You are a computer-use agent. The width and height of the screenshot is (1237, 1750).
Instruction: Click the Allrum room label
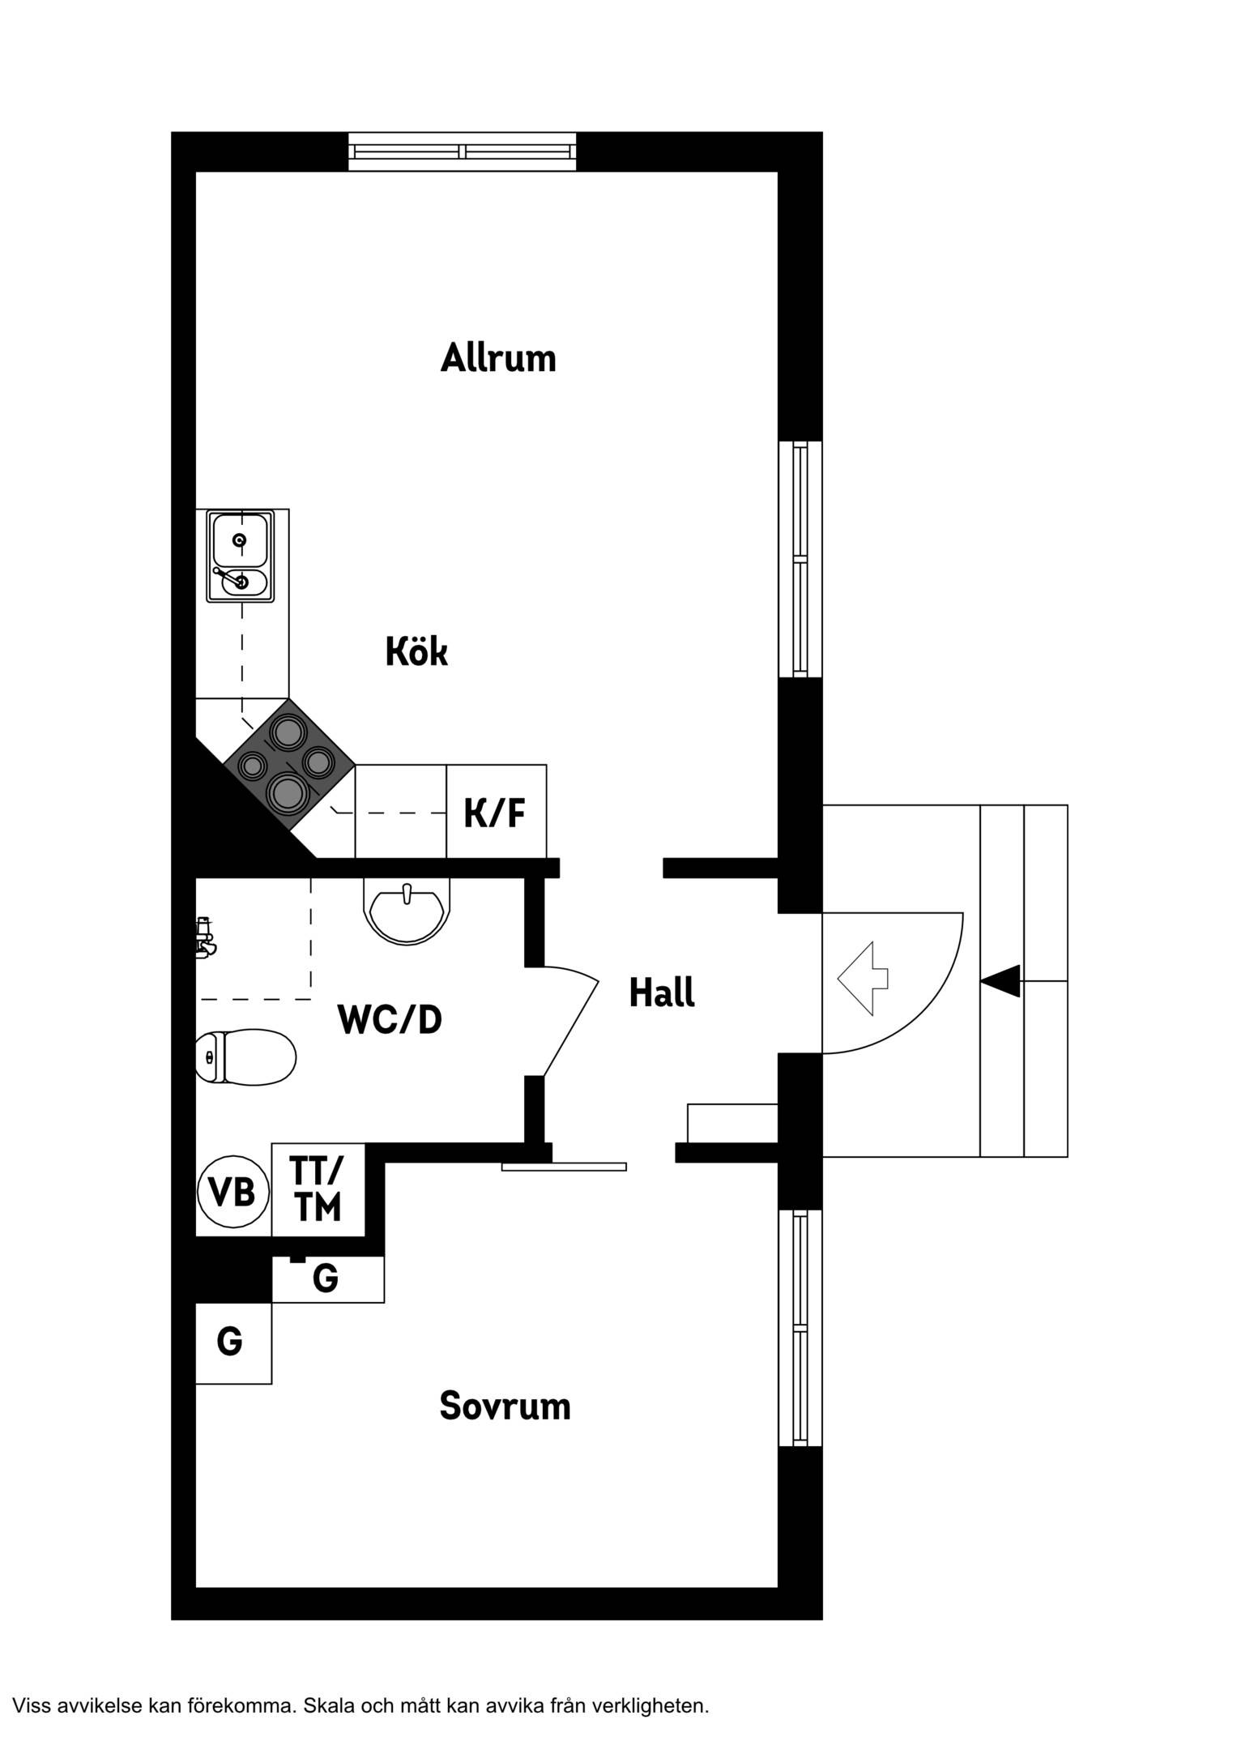(x=498, y=357)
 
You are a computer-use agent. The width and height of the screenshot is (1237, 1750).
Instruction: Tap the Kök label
(x=416, y=651)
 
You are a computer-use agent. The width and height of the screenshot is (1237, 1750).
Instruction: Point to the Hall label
(x=662, y=992)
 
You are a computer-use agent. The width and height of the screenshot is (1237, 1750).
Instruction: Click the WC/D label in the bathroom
(x=390, y=1019)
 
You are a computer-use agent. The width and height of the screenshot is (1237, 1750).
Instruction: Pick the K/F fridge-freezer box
(x=496, y=811)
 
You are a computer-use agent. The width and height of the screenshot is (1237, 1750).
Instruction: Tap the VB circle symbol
(x=233, y=1192)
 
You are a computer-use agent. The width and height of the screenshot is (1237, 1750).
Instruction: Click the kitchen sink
(x=241, y=556)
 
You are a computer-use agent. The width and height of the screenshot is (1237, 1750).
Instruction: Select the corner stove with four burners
(x=289, y=764)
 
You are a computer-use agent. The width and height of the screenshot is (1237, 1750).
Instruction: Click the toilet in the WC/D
(x=246, y=1057)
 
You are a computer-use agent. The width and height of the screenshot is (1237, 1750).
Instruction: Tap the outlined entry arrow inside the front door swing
(x=863, y=979)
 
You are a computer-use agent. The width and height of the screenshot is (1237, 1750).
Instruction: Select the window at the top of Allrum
(x=462, y=152)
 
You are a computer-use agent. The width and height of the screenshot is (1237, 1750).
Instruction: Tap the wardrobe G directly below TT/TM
(x=327, y=1279)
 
